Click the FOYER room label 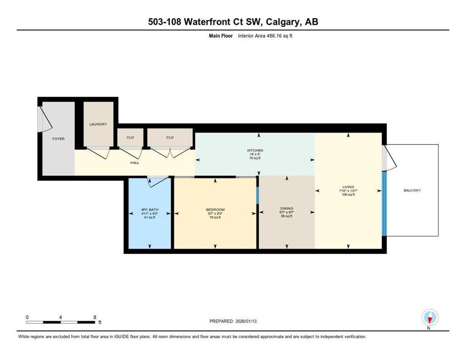(58, 139)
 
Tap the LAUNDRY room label (98, 124)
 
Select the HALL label (135, 163)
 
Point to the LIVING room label (348, 187)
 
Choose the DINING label (286, 208)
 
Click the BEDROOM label (215, 209)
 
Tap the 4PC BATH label (150, 209)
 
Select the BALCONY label (412, 190)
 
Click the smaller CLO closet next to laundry (130, 137)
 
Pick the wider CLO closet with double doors (170, 137)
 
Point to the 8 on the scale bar (95, 317)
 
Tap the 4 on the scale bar (61, 317)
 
